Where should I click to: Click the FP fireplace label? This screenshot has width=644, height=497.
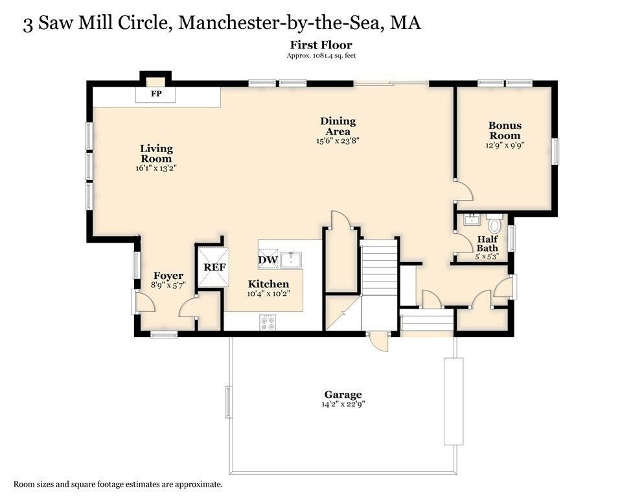[x=155, y=94]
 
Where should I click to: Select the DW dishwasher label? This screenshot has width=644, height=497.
[x=268, y=260]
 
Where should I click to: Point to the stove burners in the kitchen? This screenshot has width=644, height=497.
[x=268, y=322]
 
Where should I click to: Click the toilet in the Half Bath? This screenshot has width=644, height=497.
[x=495, y=225]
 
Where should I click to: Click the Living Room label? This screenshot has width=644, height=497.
[x=156, y=153]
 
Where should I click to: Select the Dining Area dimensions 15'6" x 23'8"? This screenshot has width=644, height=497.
[x=338, y=140]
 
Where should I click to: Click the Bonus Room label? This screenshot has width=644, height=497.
[x=505, y=130]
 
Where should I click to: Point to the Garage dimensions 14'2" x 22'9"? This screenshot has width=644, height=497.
[x=343, y=404]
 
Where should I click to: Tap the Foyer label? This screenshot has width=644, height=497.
[x=168, y=276]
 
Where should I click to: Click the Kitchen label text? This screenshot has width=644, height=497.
[x=269, y=284]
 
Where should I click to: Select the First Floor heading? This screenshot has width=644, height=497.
[x=321, y=45]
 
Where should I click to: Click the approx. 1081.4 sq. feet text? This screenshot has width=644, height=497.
[x=321, y=56]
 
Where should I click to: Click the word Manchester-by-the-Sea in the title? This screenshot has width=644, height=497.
[x=281, y=23]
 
